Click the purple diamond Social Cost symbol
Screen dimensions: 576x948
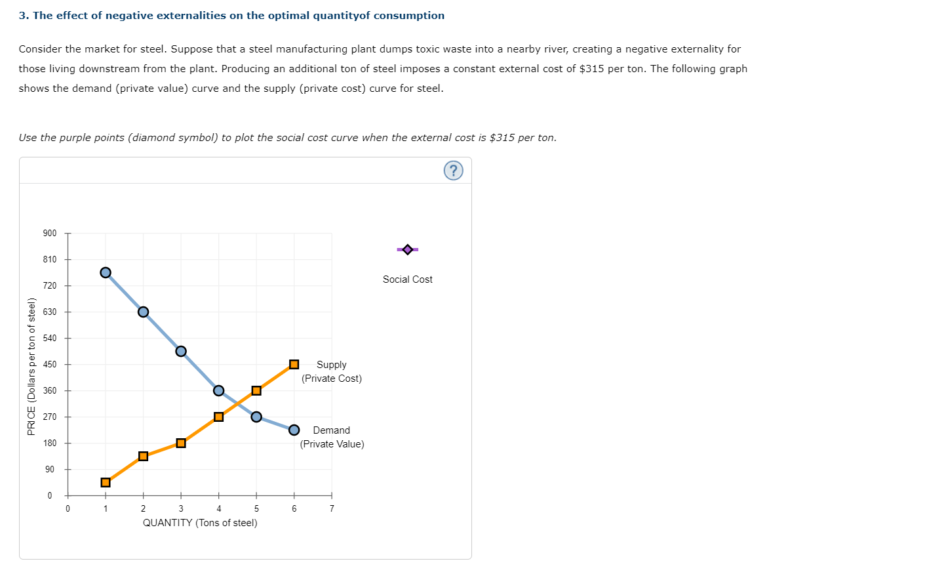pyautogui.click(x=407, y=249)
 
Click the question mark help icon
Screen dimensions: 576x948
pyautogui.click(x=453, y=171)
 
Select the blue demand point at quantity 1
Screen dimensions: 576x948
pyautogui.click(x=106, y=272)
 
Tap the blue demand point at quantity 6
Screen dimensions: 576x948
pyautogui.click(x=294, y=430)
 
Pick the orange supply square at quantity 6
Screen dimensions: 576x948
pyautogui.click(x=294, y=364)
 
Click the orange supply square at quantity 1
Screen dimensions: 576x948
pyautogui.click(x=106, y=482)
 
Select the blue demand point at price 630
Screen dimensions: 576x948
pyautogui.click(x=143, y=312)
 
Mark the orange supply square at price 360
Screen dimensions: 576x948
pyautogui.click(x=256, y=390)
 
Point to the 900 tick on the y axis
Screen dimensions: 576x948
pyautogui.click(x=50, y=233)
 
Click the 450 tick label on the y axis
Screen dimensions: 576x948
pyautogui.click(x=50, y=364)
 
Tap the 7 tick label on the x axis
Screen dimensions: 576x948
pyautogui.click(x=332, y=508)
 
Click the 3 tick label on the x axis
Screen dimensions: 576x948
pyautogui.click(x=181, y=508)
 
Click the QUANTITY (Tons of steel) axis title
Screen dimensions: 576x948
pyautogui.click(x=200, y=523)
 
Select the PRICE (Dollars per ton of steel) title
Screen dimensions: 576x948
pyautogui.click(x=31, y=366)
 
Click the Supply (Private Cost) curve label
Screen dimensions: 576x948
pyautogui.click(x=332, y=371)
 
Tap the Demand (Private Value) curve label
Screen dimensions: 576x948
pyautogui.click(x=332, y=437)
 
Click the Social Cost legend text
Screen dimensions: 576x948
pyautogui.click(x=407, y=279)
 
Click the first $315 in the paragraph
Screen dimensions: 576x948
pyautogui.click(x=592, y=69)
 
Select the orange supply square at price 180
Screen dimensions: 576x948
pyautogui.click(x=181, y=443)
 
